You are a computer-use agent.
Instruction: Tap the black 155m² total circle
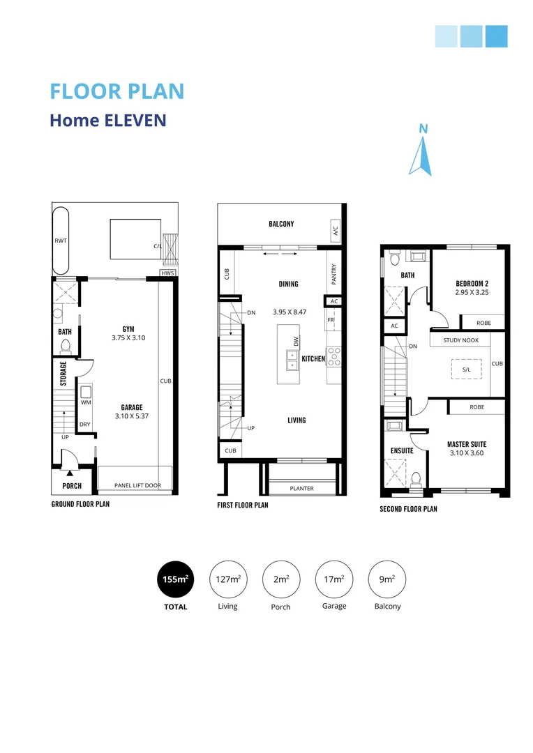pos(175,579)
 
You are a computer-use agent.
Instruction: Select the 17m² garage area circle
pos(334,579)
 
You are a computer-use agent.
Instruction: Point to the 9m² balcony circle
pos(387,579)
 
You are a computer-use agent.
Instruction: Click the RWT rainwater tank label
pos(61,241)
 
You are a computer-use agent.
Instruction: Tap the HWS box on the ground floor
pos(167,273)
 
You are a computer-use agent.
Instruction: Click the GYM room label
pos(128,329)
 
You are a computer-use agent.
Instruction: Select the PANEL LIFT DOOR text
pos(137,485)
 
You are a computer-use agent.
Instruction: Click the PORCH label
pos(72,485)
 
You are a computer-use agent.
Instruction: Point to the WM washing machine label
pos(86,402)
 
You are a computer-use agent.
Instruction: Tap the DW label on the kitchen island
pos(296,342)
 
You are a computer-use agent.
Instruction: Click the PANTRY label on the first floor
pos(334,274)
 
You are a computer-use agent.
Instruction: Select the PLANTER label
pos(302,488)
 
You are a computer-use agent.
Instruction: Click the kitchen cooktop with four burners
pos(334,356)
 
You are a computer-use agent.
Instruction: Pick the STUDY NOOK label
pos(461,340)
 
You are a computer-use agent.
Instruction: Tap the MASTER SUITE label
pos(467,444)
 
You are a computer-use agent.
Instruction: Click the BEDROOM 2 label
pos(472,283)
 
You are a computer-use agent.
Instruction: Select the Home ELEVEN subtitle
pos(108,120)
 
